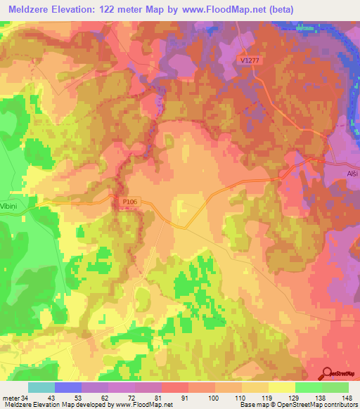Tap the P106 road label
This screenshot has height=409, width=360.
[x=128, y=201]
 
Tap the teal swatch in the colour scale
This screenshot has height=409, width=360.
[x=41, y=387]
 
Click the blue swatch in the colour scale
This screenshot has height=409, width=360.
[x=68, y=387]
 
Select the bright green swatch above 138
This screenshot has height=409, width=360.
[x=309, y=387]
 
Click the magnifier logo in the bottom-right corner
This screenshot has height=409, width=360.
[x=326, y=373]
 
